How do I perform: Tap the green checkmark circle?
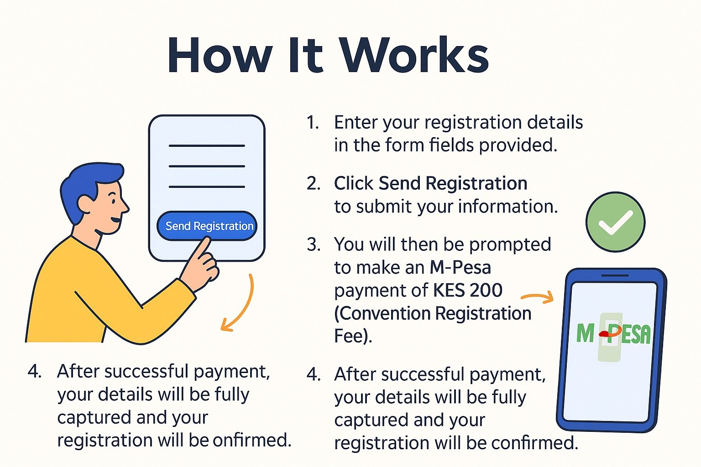(615, 222)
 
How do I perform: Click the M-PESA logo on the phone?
(613, 334)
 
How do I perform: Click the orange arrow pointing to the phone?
(537, 298)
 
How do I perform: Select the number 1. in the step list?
(313, 123)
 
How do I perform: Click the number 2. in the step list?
(314, 183)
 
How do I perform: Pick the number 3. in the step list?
(314, 245)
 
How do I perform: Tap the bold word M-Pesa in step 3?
(460, 267)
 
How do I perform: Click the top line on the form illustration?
(207, 145)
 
